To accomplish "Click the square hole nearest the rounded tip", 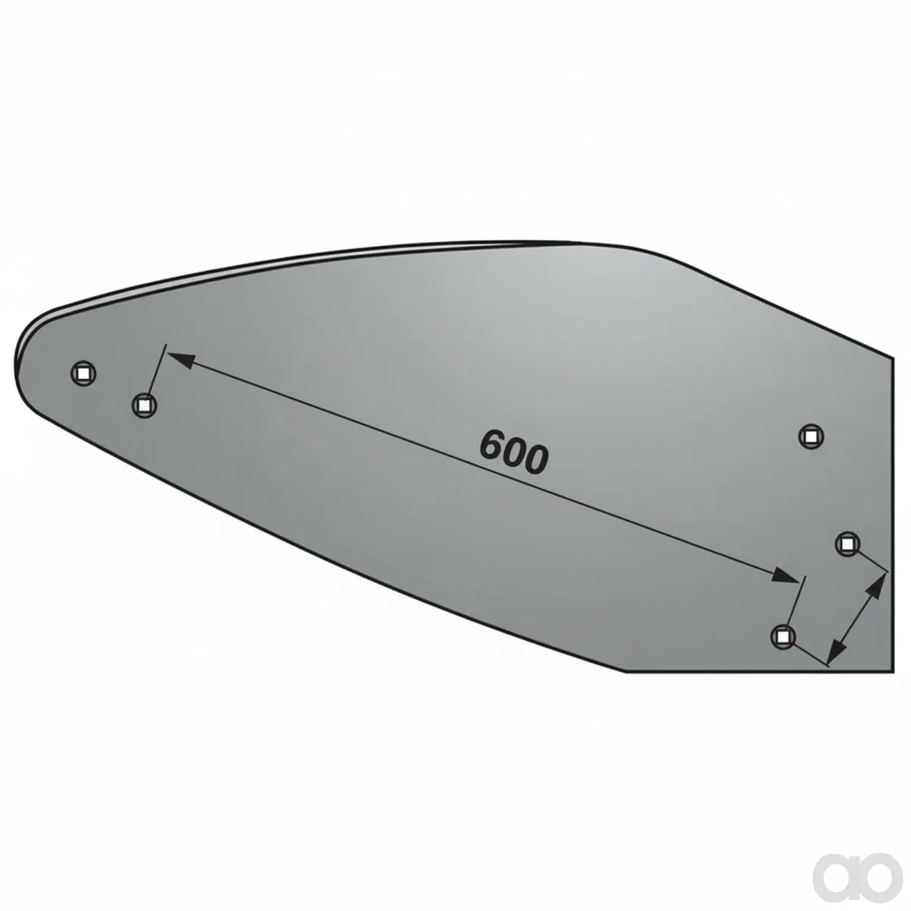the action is pyautogui.click(x=84, y=374).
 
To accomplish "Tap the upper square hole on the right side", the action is pyautogui.click(x=811, y=437).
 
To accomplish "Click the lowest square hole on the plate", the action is pyautogui.click(x=783, y=637).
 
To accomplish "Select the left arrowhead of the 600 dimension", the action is pyautogui.click(x=181, y=360).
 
